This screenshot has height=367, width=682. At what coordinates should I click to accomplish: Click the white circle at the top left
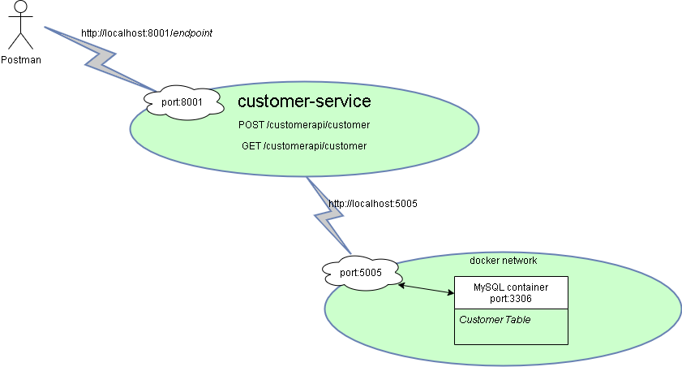(x=21, y=7)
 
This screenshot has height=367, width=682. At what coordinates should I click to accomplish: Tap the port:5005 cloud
(x=361, y=273)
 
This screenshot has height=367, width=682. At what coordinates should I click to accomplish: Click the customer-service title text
(x=304, y=101)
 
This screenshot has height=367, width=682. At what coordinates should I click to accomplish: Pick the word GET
(x=251, y=146)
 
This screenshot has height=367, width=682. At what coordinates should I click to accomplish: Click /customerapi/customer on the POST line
(x=318, y=126)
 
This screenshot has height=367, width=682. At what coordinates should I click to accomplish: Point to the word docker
(x=485, y=261)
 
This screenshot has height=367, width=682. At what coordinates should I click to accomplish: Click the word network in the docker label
(x=520, y=261)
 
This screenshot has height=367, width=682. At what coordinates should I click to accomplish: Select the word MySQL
(x=488, y=287)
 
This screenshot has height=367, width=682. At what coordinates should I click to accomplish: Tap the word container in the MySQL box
(x=526, y=287)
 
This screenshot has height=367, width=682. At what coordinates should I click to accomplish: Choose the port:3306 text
(x=511, y=299)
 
